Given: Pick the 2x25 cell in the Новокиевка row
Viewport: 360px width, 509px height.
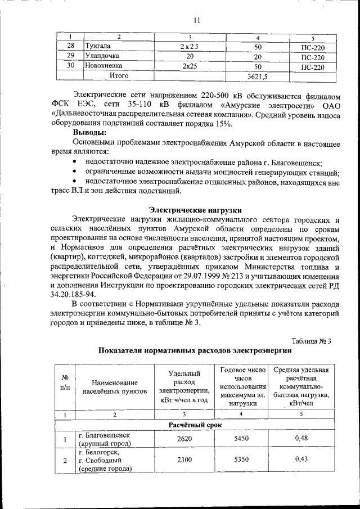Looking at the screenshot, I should click(x=190, y=66).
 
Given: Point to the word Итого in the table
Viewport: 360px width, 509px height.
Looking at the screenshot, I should click(x=119, y=75).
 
